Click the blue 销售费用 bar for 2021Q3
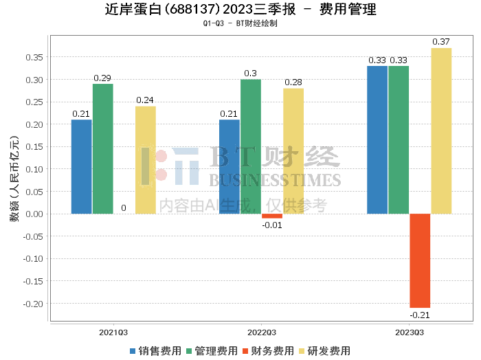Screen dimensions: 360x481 point(81,166)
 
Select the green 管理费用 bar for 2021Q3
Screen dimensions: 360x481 point(103,148)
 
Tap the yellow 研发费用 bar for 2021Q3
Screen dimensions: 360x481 point(146,159)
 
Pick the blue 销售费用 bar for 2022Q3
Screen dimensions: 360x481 point(230,166)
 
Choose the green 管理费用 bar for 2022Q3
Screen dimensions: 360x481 point(251,146)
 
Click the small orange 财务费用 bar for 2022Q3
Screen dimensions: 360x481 point(272,216)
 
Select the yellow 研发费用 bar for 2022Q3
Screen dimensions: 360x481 point(293,150)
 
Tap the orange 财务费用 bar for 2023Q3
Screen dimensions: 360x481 point(420,260)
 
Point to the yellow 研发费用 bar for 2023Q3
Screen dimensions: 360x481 point(441,131)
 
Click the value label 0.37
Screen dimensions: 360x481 point(441,42)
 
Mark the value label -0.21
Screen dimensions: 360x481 point(419,315)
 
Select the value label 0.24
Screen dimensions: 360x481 point(145,100)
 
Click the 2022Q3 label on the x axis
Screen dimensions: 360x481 point(262,332)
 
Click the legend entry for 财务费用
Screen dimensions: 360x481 point(269,350)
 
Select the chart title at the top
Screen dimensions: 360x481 point(240,10)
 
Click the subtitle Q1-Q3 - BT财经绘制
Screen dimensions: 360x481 point(240,23)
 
